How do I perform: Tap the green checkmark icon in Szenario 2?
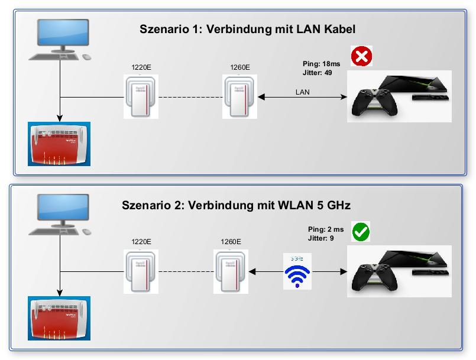pyautogui.click(x=360, y=232)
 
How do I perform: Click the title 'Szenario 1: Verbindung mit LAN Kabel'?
pyautogui.click(x=247, y=29)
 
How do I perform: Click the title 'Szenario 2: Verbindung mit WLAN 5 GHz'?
pyautogui.click(x=237, y=205)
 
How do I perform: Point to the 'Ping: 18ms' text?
pyautogui.click(x=322, y=63)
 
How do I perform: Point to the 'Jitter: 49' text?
pyautogui.click(x=318, y=72)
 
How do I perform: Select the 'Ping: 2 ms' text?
pyautogui.click(x=326, y=229)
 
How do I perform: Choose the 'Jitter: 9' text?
pyautogui.click(x=320, y=238)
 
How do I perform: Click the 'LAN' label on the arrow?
pyautogui.click(x=303, y=92)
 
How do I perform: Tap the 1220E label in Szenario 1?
pyautogui.click(x=141, y=67)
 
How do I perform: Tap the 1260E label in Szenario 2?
pyautogui.click(x=231, y=242)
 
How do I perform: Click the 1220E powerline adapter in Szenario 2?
pyautogui.click(x=141, y=271)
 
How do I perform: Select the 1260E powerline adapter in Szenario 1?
pyautogui.click(x=239, y=97)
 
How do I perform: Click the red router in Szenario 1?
pyautogui.click(x=59, y=144)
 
